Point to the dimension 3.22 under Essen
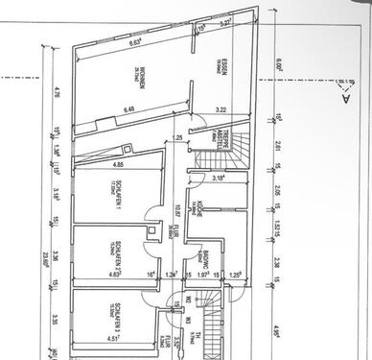click(x=221, y=110)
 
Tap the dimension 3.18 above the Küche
click(x=219, y=178)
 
